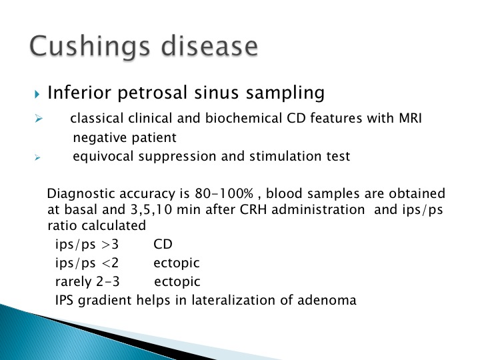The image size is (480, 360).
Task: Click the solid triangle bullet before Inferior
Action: (37, 94)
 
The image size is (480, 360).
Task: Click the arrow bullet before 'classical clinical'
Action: (39, 118)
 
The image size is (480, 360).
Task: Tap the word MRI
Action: (410, 118)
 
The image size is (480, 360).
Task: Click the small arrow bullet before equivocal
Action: (37, 157)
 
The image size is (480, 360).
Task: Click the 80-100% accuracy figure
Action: (224, 193)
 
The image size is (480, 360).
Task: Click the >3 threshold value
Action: (110, 244)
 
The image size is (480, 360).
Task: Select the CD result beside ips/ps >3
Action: (163, 244)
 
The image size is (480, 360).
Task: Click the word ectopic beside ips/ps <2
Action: (177, 263)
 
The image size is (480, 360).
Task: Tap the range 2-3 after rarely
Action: (108, 281)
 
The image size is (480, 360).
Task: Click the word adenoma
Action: (327, 300)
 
